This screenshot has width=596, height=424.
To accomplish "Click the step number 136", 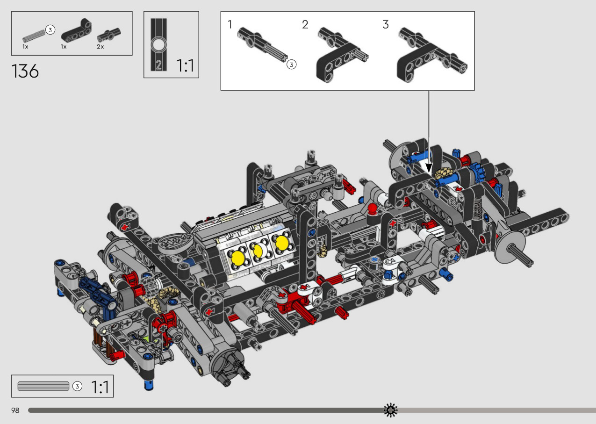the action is (25, 71).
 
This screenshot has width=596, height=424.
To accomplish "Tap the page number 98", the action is (15, 410).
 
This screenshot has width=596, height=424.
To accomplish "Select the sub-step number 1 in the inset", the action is (230, 24).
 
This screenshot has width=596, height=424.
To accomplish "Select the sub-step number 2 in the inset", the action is (305, 24).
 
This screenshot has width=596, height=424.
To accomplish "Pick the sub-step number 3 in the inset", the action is (386, 24).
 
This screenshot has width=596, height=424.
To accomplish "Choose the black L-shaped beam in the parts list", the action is (77, 30).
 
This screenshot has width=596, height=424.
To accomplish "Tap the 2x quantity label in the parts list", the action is (101, 47).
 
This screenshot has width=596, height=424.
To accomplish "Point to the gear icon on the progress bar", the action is (391, 410).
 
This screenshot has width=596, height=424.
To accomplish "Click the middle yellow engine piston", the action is (257, 251).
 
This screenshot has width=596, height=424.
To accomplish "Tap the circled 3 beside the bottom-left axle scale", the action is (77, 386).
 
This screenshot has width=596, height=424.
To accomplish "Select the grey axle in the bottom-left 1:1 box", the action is (43, 386).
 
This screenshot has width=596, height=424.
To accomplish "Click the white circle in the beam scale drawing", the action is (159, 45).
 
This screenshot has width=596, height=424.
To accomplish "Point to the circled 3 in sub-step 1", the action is (291, 65).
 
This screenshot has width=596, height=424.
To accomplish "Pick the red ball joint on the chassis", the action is (372, 208).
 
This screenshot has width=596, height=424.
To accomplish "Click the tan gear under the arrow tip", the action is (442, 174).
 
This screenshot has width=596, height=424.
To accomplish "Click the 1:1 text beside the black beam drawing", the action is (186, 65).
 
